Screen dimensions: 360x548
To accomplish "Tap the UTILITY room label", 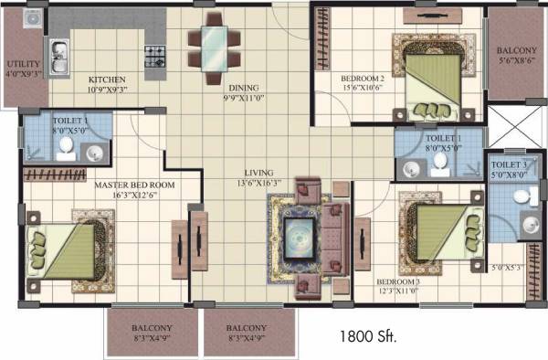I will (22, 63).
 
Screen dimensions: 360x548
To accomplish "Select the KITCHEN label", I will (107, 79).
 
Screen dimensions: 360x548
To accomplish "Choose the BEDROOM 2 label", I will (363, 79).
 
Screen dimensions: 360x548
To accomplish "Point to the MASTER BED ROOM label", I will (135, 184).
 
